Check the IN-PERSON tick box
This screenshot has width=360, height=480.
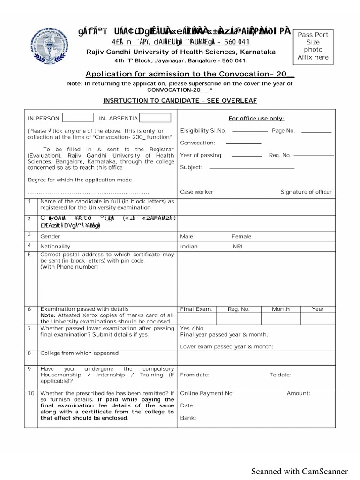77,118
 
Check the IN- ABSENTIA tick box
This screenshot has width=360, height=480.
155,118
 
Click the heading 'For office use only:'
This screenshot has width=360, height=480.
256,119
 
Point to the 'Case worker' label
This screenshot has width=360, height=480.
197,192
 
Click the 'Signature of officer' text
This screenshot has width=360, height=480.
306,192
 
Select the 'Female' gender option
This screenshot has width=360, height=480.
241,237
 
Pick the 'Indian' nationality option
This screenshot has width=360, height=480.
189,247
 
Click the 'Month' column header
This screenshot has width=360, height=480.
281,309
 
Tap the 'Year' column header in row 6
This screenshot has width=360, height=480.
318,309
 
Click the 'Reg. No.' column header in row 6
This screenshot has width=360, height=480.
239,309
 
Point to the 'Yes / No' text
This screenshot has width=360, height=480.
192,329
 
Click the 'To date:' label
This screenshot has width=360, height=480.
280,375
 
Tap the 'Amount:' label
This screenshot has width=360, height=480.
298,394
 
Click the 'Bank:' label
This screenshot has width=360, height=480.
188,418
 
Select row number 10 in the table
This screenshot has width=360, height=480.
31,394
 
